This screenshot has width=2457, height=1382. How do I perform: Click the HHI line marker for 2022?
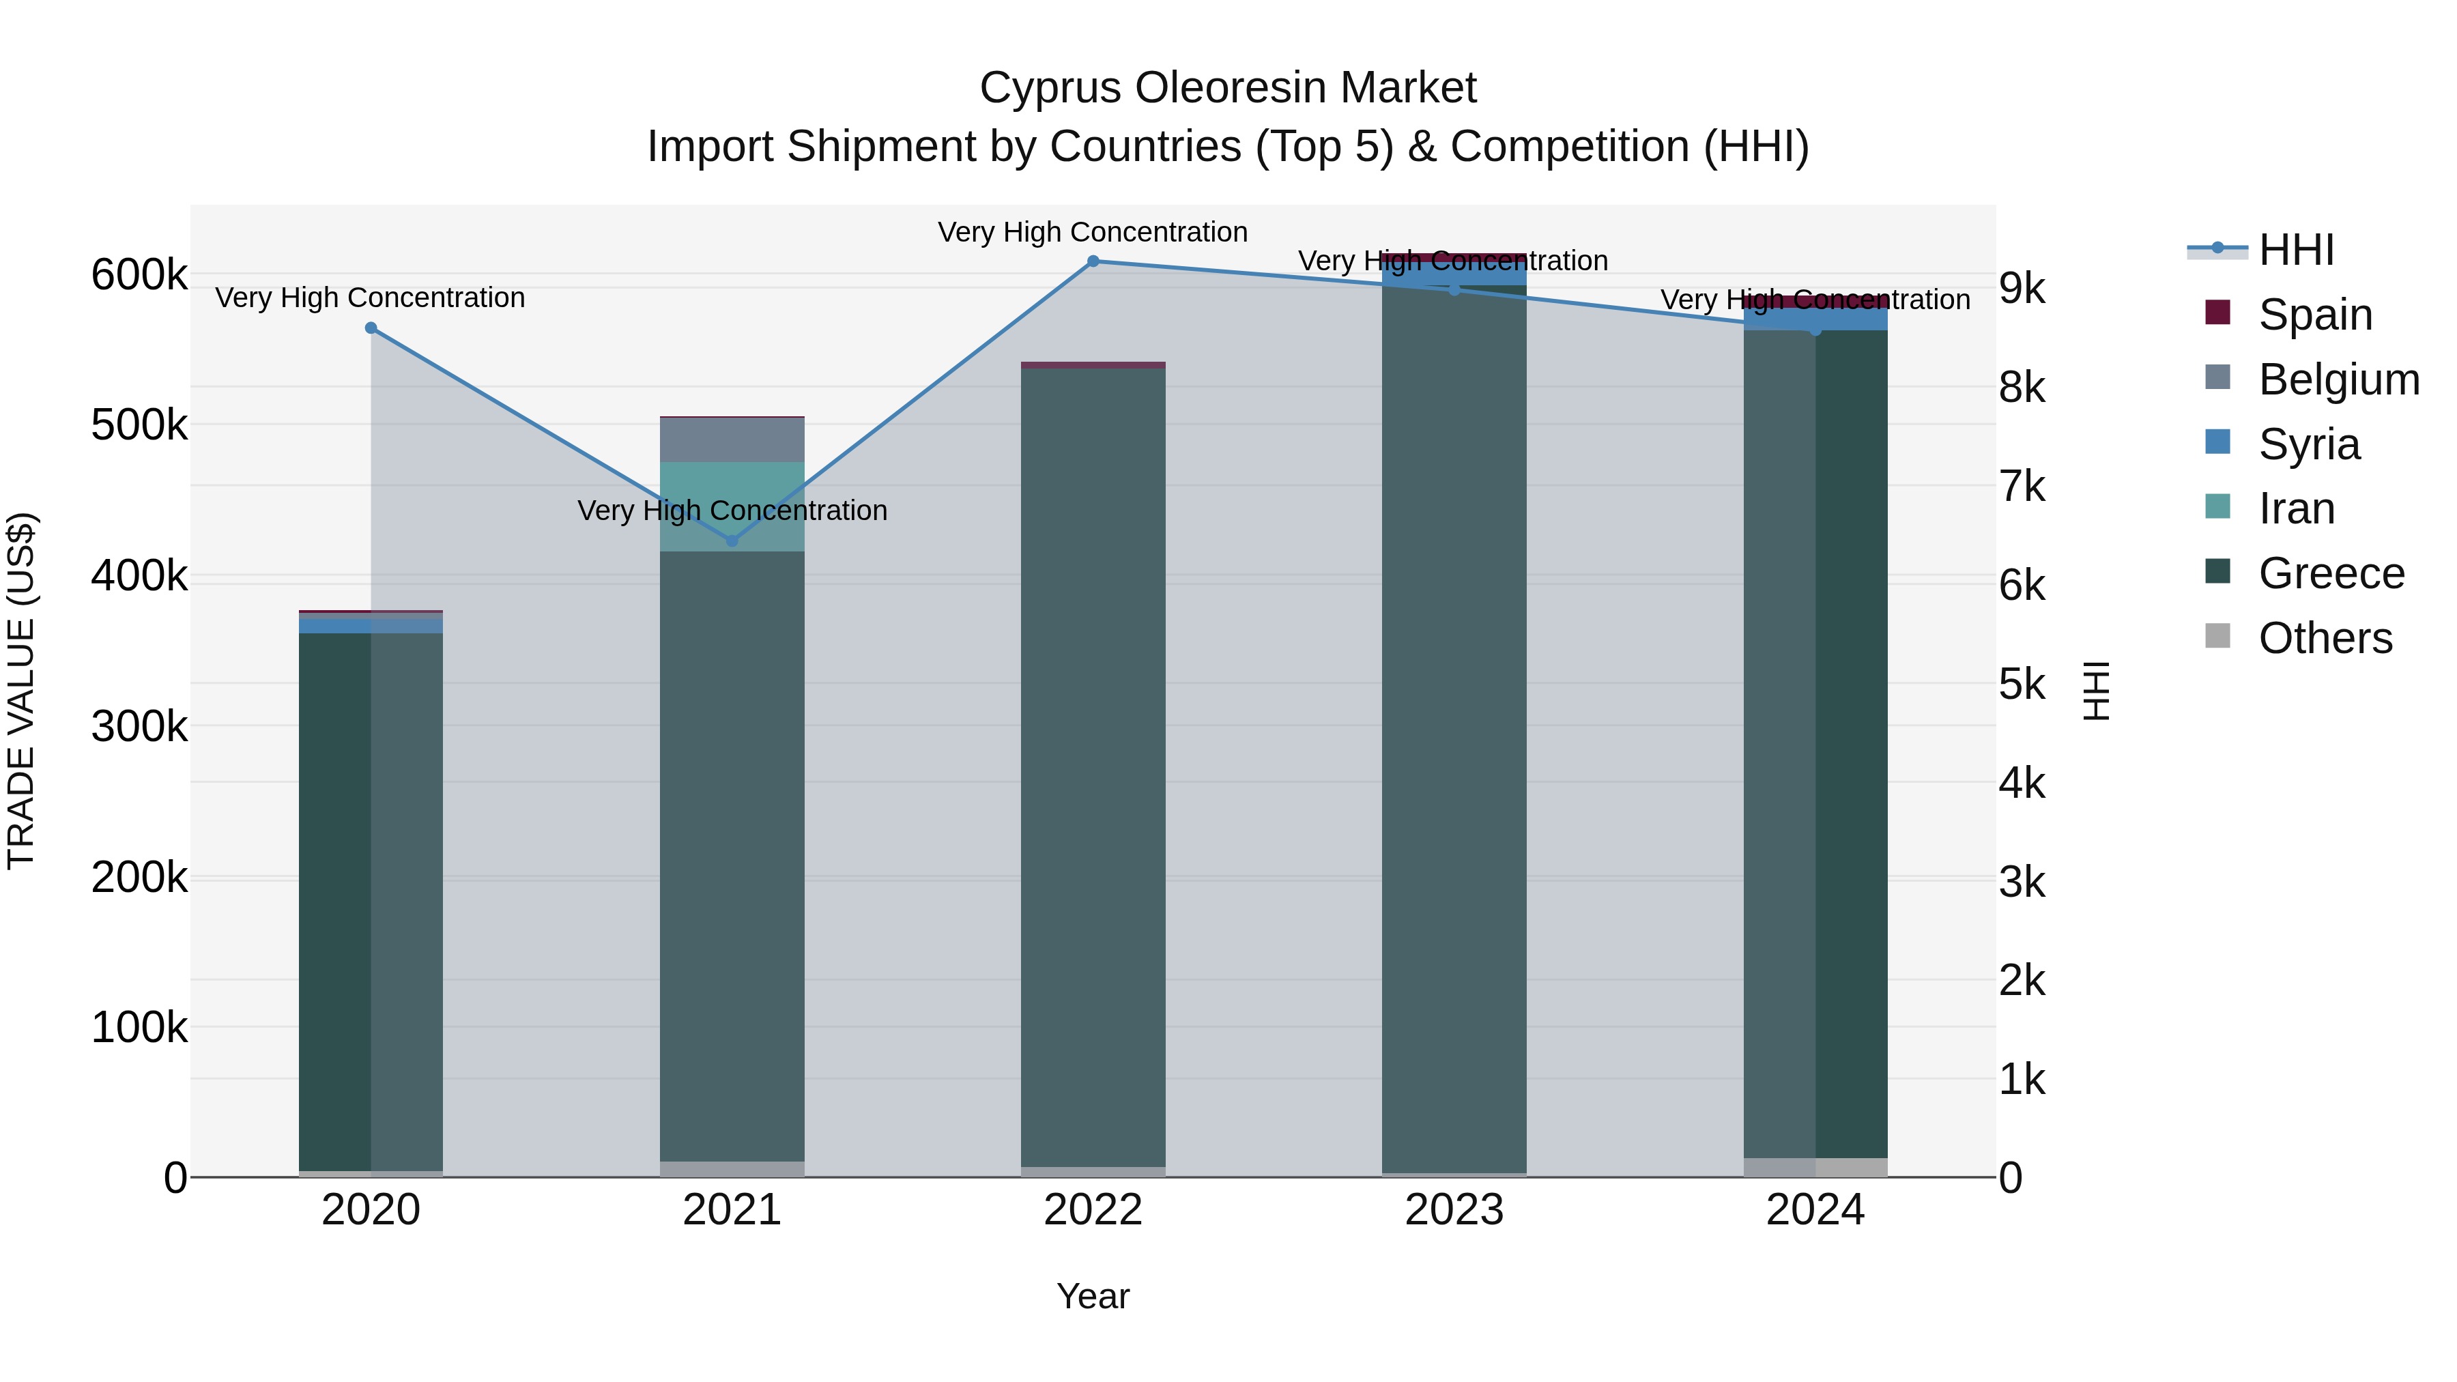click(1093, 261)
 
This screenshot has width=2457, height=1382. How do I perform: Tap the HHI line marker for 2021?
click(732, 541)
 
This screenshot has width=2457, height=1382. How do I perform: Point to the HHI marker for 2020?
click(371, 328)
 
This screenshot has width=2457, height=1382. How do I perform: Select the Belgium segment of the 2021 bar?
click(732, 440)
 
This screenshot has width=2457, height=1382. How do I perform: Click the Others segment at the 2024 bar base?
click(1815, 1168)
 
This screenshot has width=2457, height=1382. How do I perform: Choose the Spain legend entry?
click(2315, 315)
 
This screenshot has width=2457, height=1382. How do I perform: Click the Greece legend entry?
click(2331, 573)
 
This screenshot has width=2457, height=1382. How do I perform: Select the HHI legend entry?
click(2296, 250)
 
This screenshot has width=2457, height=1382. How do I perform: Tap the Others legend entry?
click(2325, 638)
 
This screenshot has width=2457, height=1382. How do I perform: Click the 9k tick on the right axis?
click(2022, 288)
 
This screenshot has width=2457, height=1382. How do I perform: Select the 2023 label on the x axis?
click(1454, 1210)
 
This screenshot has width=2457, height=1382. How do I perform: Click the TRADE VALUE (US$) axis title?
click(21, 691)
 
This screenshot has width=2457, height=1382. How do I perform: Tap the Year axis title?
click(1093, 1296)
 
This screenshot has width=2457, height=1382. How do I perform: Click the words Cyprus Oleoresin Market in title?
click(1228, 88)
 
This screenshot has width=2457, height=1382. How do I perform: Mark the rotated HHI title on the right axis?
click(2095, 691)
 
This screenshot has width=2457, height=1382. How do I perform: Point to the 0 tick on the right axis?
click(2011, 1178)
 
